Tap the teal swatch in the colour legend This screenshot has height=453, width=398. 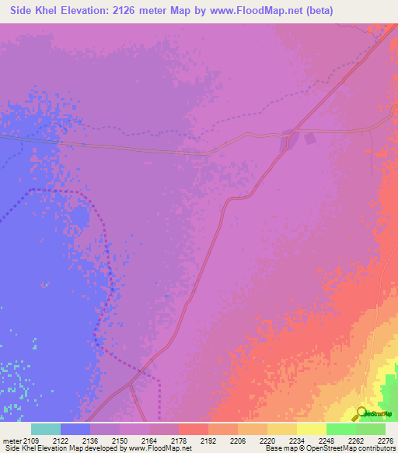pyautogui.click(x=46, y=429)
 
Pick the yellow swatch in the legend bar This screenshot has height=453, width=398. pyautogui.click(x=312, y=429)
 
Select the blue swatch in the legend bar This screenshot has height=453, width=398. pyautogui.click(x=75, y=429)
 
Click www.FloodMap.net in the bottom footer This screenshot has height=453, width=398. pyautogui.click(x=160, y=449)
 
